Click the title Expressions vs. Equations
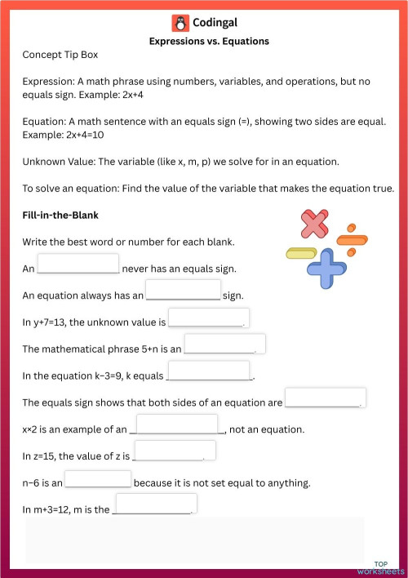209,41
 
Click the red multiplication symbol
314,225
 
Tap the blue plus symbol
327,268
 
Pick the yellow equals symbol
301,253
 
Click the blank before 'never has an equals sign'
78,264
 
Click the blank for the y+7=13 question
208,318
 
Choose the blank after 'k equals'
210,371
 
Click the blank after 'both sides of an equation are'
325,398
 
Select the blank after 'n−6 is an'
98,479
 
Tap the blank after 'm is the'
155,505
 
